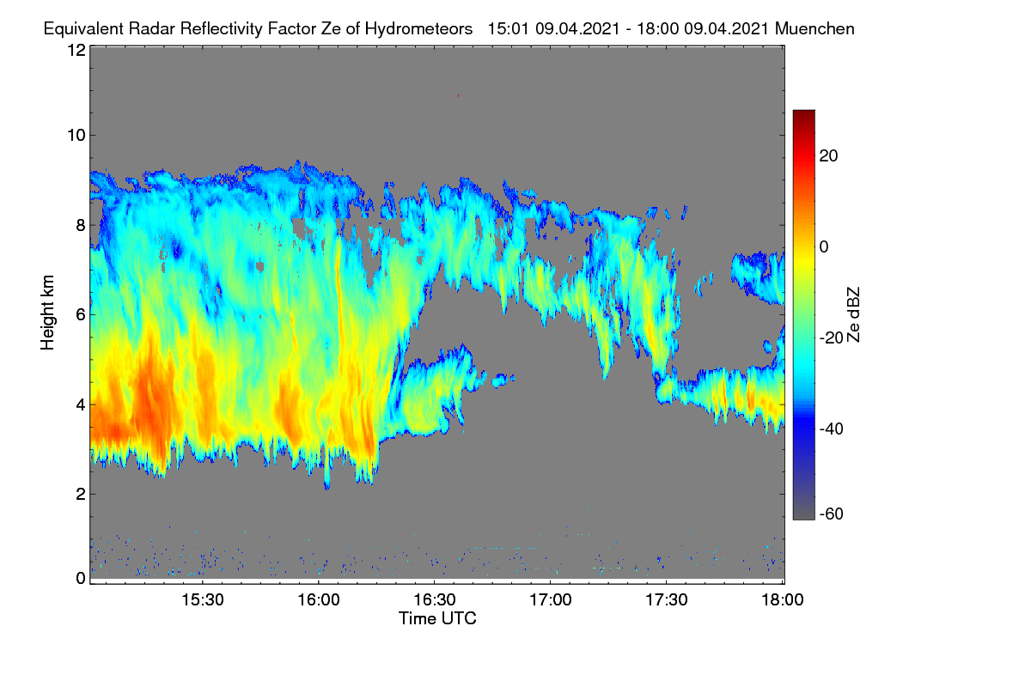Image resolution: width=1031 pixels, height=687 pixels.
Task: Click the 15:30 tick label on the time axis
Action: [x=203, y=600]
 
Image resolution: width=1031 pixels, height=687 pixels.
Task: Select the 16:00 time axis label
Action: [x=319, y=600]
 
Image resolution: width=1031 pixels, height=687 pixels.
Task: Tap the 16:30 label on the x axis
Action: [x=435, y=600]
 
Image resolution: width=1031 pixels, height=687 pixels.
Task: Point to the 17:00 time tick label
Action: [x=551, y=600]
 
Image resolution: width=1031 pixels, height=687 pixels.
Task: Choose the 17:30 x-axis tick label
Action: [x=667, y=600]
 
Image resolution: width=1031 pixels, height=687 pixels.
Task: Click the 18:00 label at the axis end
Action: [x=783, y=600]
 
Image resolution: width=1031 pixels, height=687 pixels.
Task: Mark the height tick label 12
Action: [x=76, y=50]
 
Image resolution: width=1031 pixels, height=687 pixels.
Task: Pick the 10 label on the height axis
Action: [x=76, y=136]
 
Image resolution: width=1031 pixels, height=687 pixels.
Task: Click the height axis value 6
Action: [x=81, y=315]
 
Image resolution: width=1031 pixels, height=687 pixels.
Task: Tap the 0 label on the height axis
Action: [x=81, y=579]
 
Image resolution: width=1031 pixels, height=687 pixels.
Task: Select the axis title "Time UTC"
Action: [x=437, y=618]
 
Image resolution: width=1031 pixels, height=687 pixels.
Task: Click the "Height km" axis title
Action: [x=47, y=313]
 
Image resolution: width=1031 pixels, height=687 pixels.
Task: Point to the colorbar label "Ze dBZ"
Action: [x=853, y=315]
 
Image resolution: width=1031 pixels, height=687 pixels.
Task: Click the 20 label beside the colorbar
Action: [x=828, y=156]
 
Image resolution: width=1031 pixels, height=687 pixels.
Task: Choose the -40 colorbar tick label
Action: [x=832, y=429]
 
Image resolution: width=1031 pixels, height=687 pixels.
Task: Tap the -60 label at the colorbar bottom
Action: [x=832, y=514]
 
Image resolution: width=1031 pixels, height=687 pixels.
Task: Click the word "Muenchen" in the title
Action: [x=814, y=29]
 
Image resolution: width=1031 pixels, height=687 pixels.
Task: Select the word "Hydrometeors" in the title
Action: [x=418, y=30]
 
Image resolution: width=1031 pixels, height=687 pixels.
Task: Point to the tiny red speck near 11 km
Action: [x=458, y=95]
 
